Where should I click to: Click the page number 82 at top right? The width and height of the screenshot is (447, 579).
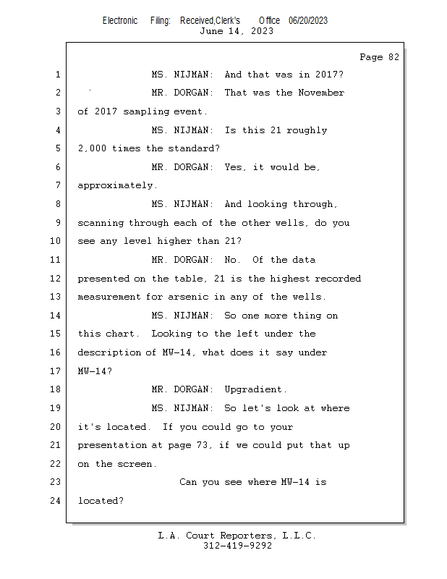point(393,57)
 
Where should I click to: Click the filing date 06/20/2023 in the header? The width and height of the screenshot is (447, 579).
point(308,21)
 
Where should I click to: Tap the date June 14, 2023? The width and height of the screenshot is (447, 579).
point(237,31)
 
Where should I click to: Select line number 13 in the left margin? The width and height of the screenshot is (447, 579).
point(55,297)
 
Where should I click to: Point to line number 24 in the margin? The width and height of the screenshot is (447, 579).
point(55,500)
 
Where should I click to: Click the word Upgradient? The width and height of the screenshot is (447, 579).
point(255,389)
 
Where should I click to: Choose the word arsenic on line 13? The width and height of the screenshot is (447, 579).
point(188,297)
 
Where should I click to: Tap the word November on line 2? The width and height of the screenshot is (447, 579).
point(321,93)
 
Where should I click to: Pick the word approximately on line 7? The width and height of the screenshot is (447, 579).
point(117,185)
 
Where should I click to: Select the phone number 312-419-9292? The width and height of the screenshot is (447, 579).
point(237,546)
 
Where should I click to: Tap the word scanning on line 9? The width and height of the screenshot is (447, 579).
point(101,223)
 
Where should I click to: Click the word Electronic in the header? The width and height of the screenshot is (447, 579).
point(120,21)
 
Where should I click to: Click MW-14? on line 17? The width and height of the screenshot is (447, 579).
point(95,371)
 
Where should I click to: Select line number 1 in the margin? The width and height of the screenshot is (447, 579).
point(58,75)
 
